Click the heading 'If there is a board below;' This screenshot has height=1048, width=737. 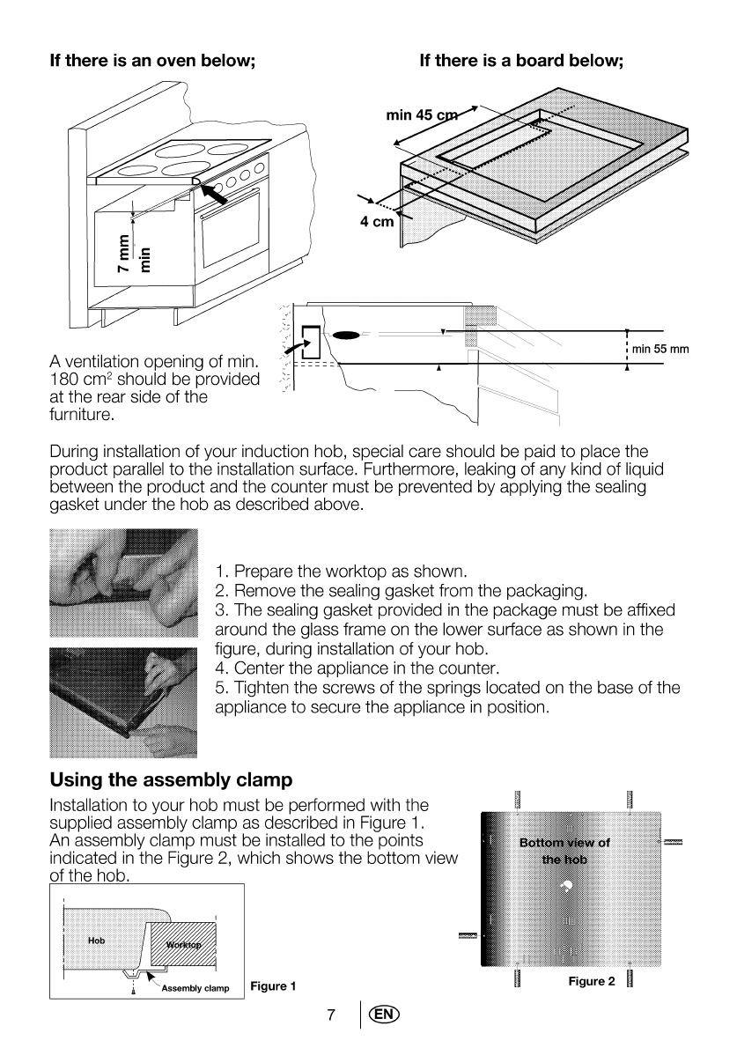tap(521, 61)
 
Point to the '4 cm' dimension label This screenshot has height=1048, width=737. tap(376, 221)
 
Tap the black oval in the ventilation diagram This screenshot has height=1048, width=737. tap(347, 335)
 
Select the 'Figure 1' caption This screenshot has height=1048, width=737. tap(273, 986)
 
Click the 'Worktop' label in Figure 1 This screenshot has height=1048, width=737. tap(183, 946)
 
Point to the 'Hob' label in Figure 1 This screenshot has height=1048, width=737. tap(96, 941)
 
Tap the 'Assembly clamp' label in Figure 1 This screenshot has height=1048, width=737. tap(195, 988)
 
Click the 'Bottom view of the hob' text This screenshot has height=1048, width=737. tap(564, 851)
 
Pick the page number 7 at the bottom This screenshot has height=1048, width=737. tap(331, 1015)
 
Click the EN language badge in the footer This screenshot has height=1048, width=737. tap(384, 1015)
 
